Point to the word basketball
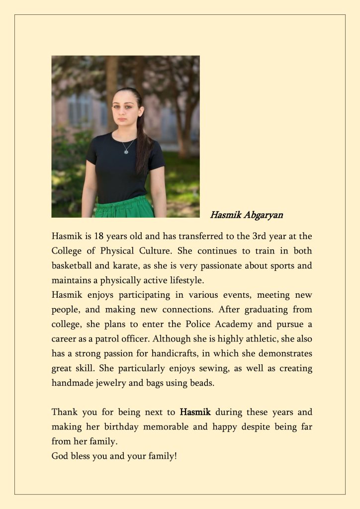click(71, 266)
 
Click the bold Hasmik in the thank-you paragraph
click(195, 413)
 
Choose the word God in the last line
click(60, 456)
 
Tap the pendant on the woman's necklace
click(126, 151)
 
